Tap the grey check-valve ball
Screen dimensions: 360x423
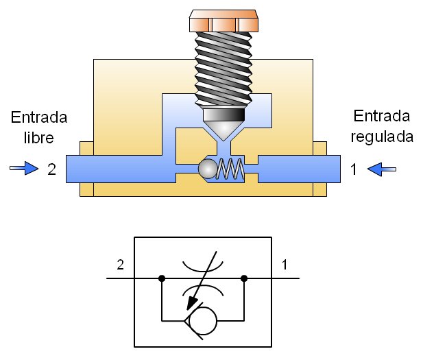click(205, 169)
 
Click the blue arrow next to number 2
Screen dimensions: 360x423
click(24, 169)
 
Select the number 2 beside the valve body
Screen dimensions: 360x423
click(51, 169)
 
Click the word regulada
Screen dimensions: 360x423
click(382, 136)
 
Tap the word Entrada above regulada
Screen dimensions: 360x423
click(382, 116)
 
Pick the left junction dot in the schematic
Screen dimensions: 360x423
click(162, 278)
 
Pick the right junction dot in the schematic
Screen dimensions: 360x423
click(244, 278)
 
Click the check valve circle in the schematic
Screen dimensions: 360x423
click(203, 320)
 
